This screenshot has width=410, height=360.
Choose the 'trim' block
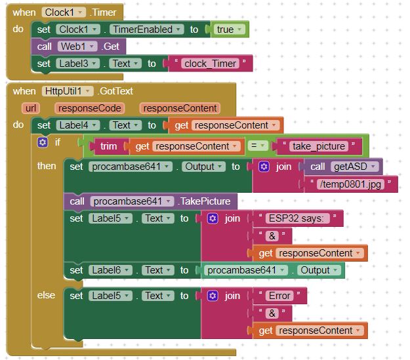109,146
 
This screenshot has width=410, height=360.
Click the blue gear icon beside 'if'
43,142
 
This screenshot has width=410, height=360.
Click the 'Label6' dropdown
109,270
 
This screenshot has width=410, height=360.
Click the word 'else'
47,295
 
